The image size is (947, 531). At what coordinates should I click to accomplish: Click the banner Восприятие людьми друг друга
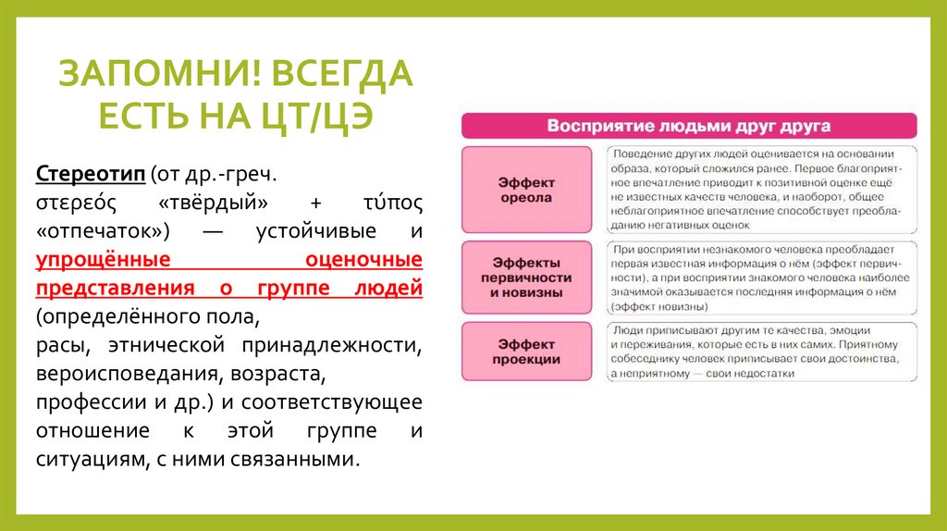(x=688, y=126)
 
